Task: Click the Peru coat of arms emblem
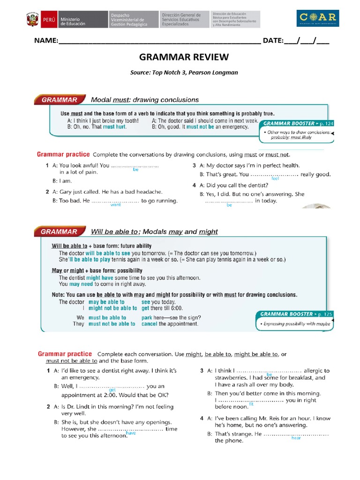pos(32,20)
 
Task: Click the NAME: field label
pos(45,41)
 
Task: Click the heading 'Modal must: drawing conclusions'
pos(144,99)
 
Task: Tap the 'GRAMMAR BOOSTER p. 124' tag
pos(297,123)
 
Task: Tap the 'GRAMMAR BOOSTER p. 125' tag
pos(294,314)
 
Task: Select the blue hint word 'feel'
pos(275,179)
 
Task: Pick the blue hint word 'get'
pos(112,390)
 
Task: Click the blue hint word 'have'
pos(131,433)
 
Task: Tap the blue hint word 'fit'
pos(251,404)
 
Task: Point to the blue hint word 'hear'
pos(296,438)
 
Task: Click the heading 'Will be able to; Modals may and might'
pos(154,232)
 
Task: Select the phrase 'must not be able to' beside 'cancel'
pos(112,324)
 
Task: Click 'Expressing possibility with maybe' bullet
pos(296,324)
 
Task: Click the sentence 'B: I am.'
pos(62,180)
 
